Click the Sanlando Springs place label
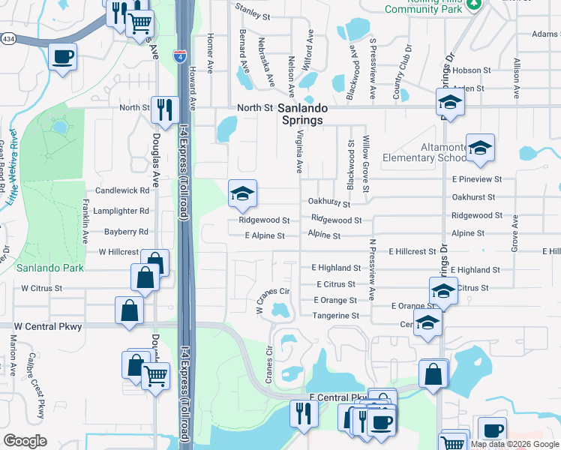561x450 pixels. [300, 114]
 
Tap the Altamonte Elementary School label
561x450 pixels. [424, 152]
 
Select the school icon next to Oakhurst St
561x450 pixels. [242, 195]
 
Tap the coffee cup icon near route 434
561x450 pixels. [62, 55]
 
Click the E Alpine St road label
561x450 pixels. [265, 235]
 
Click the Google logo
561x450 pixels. [25, 441]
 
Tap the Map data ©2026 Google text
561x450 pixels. [514, 444]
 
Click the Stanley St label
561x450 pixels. [252, 11]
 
